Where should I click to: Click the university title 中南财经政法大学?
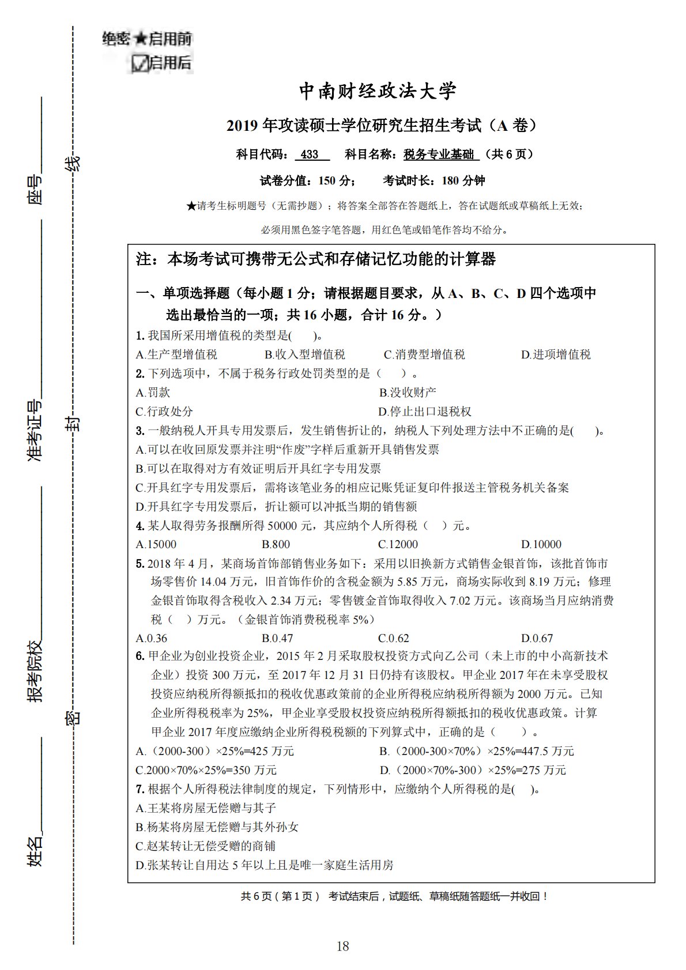pyautogui.click(x=378, y=91)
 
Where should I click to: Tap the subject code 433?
pyautogui.click(x=310, y=154)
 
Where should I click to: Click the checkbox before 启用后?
pyautogui.click(x=140, y=63)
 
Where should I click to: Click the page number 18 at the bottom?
pyautogui.click(x=342, y=946)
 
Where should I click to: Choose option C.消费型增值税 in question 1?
pyautogui.click(x=424, y=354)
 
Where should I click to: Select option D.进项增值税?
pyautogui.click(x=556, y=354)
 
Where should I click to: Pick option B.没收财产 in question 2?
pyautogui.click(x=408, y=392)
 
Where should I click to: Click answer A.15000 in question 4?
pyautogui.click(x=156, y=544)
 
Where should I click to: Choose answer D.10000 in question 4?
pyautogui.click(x=541, y=544)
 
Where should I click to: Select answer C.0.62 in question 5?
pyautogui.click(x=394, y=638)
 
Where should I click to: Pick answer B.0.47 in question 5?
pyautogui.click(x=277, y=638)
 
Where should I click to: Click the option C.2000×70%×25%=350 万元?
pyautogui.click(x=206, y=770)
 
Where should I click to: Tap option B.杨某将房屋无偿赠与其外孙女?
pyautogui.click(x=217, y=827)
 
